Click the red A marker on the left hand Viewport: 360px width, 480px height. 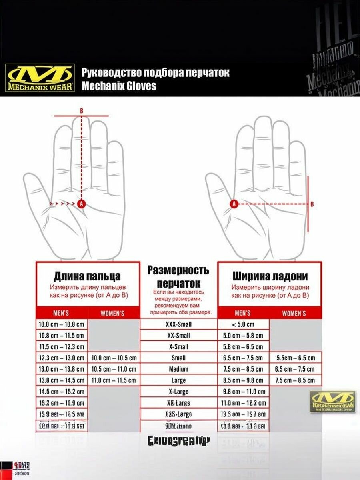click(x=82, y=204)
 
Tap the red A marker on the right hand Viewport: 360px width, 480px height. click(x=234, y=204)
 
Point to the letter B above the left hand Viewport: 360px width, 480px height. click(x=82, y=110)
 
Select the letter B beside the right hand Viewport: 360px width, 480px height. click(x=312, y=204)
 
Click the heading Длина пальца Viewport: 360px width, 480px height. click(x=87, y=276)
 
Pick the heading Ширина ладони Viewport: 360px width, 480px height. click(x=270, y=276)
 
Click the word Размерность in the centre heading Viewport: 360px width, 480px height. click(x=178, y=270)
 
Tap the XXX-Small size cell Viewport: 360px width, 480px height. click(x=178, y=324)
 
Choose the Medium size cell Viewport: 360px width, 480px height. click(x=178, y=369)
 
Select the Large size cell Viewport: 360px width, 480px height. click(x=178, y=380)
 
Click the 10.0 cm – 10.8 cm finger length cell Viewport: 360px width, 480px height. click(x=62, y=324)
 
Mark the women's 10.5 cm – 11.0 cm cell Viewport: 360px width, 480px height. click(x=114, y=369)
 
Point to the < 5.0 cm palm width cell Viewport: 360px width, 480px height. click(x=243, y=324)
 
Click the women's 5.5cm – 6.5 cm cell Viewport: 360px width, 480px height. click(x=296, y=358)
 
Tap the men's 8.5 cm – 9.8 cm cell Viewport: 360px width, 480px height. click(x=243, y=380)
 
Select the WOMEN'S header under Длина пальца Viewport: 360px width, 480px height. click(x=112, y=313)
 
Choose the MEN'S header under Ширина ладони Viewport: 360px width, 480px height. click(x=243, y=313)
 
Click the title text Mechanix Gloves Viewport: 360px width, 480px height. click(x=119, y=86)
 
